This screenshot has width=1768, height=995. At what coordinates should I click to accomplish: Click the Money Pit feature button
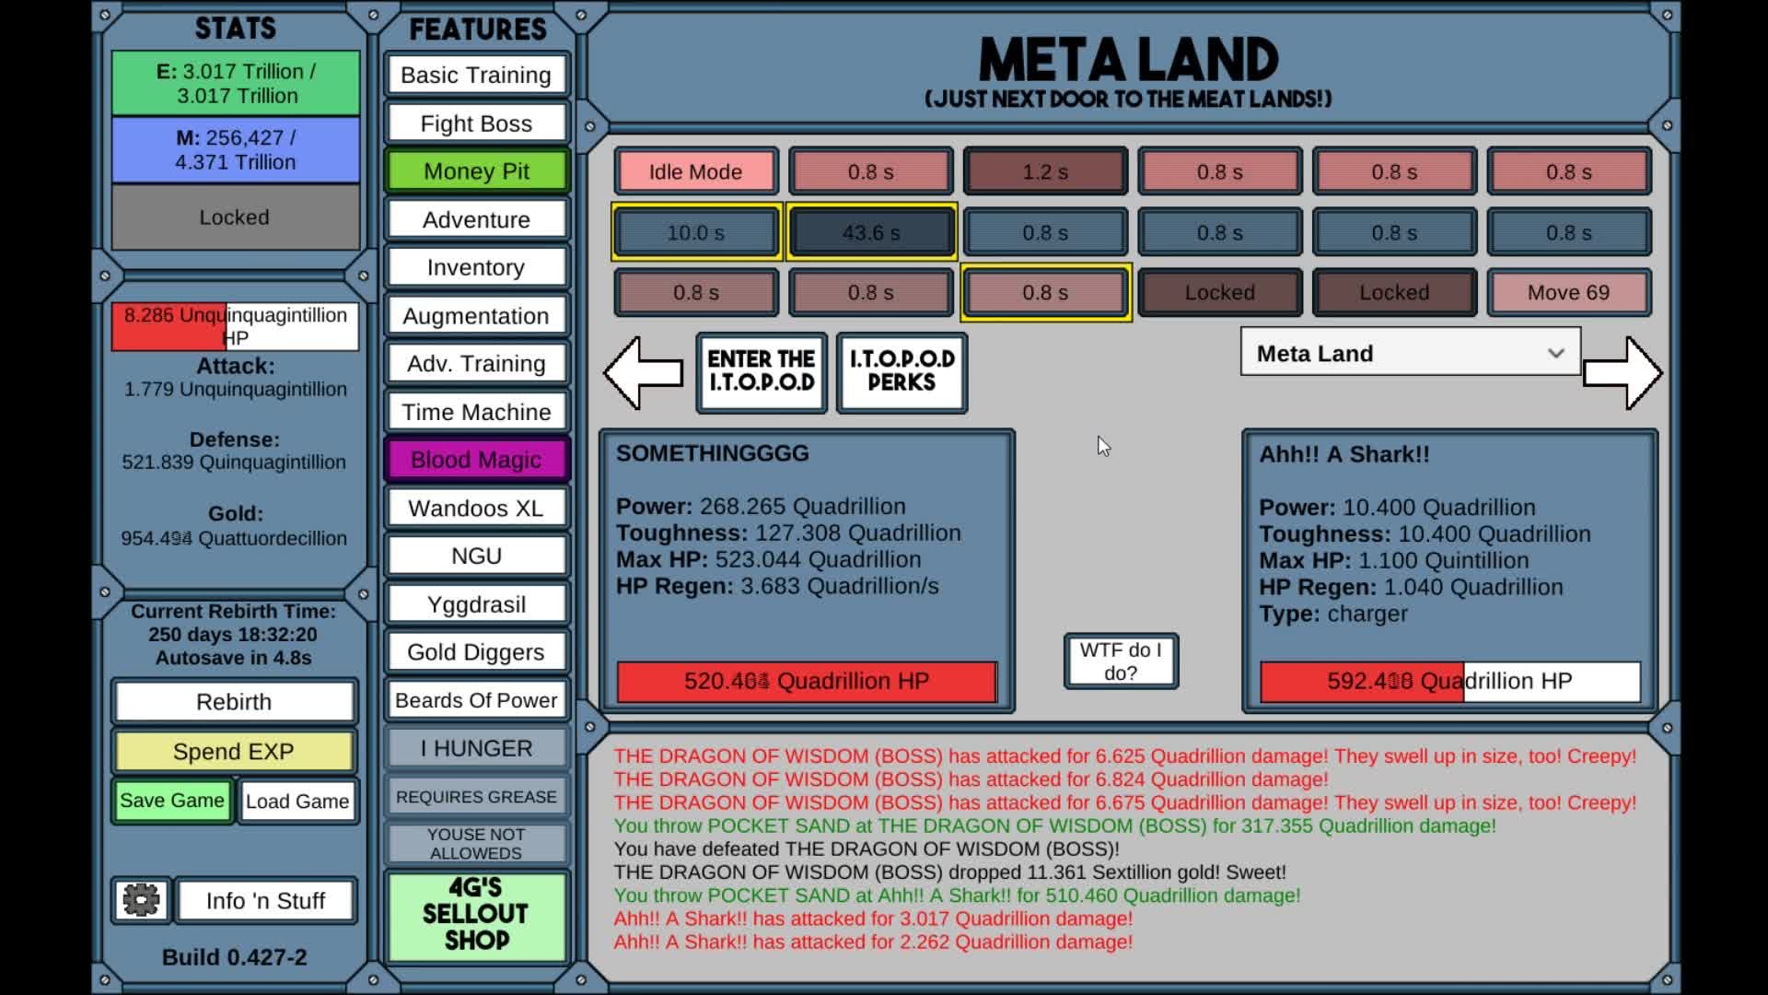[x=476, y=171]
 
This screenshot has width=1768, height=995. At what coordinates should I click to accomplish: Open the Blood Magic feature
[x=476, y=460]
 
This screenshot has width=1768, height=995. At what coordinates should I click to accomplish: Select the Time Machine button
[x=476, y=412]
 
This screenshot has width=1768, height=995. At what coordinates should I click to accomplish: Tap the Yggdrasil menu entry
[x=476, y=604]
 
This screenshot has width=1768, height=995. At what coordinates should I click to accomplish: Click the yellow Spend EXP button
[x=234, y=752]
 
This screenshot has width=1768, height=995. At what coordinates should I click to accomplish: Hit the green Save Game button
[x=172, y=801]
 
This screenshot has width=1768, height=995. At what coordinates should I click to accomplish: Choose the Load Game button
[x=297, y=802]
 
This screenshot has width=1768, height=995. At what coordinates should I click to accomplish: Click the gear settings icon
[x=141, y=900]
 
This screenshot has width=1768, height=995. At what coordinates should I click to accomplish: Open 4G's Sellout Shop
[x=476, y=914]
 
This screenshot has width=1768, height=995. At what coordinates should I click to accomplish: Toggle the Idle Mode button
[x=695, y=171]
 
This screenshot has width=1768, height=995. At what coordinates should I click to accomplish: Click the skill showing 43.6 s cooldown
[x=871, y=232]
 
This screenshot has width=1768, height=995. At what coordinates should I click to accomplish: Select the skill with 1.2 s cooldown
[x=1045, y=171]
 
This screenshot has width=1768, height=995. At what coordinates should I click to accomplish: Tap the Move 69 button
[x=1568, y=292]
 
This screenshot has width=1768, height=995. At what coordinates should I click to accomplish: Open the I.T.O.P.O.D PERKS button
[x=901, y=371]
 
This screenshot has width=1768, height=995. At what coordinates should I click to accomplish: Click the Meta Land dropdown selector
[x=1410, y=353]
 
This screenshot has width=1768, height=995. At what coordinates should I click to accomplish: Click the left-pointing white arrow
[x=643, y=372]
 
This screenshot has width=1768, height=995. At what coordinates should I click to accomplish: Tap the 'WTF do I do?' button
[x=1121, y=661]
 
